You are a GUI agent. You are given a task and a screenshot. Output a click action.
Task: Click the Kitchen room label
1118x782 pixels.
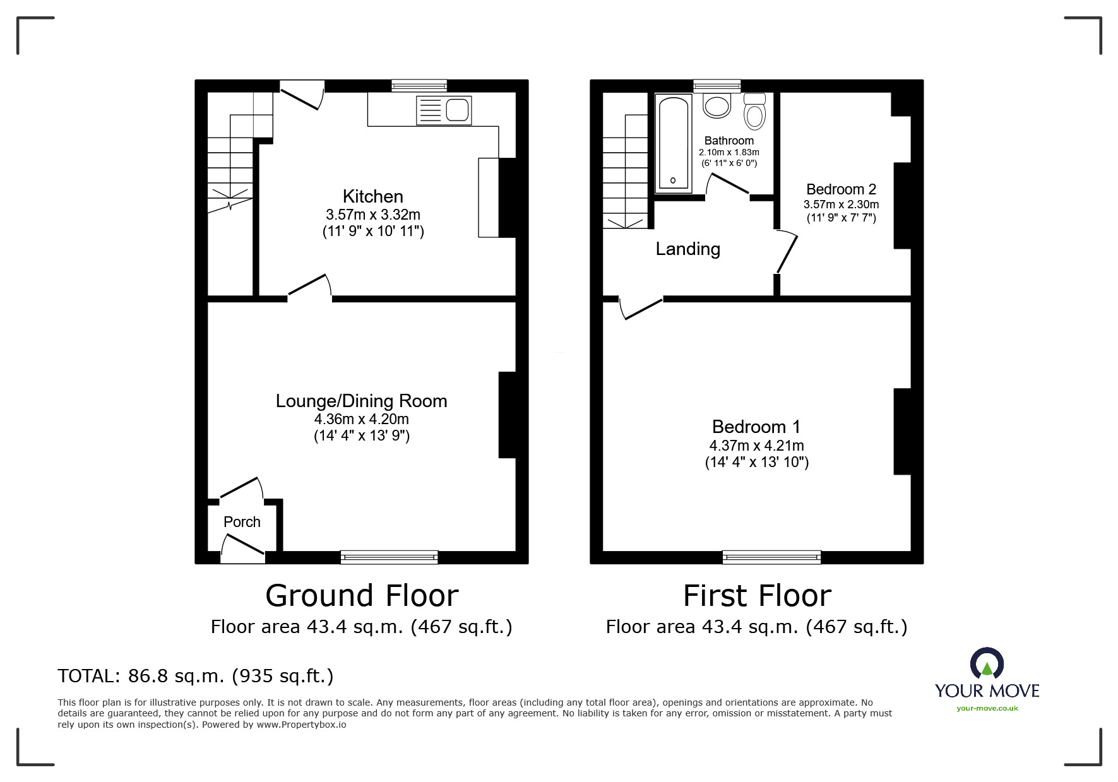pyautogui.click(x=372, y=196)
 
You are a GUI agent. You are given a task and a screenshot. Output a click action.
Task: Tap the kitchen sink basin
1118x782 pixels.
pyautogui.click(x=458, y=110)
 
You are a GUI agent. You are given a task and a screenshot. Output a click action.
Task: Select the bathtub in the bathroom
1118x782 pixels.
pyautogui.click(x=674, y=143)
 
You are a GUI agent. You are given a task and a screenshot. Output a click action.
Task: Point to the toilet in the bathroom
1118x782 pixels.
pyautogui.click(x=754, y=111)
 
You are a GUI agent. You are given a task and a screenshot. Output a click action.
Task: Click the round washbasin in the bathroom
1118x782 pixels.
pyautogui.click(x=717, y=105)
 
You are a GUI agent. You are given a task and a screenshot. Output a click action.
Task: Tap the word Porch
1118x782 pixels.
pyautogui.click(x=242, y=522)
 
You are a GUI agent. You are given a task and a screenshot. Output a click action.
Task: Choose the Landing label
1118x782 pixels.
pyautogui.click(x=687, y=249)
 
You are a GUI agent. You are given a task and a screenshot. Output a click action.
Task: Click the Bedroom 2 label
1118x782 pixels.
pyautogui.click(x=841, y=189)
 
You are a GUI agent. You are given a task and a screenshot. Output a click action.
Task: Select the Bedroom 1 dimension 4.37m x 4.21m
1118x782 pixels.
pyautogui.click(x=756, y=446)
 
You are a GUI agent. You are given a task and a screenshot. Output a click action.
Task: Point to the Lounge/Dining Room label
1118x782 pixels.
pyautogui.click(x=361, y=401)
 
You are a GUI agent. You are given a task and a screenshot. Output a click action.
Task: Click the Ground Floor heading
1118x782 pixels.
pyautogui.click(x=362, y=596)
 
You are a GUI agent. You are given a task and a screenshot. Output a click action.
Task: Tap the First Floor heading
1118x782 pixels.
pyautogui.click(x=757, y=596)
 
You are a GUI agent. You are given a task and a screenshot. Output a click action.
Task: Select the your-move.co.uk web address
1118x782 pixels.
pyautogui.click(x=987, y=708)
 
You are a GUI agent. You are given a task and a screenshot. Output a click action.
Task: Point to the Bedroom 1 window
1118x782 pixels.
pyautogui.click(x=771, y=557)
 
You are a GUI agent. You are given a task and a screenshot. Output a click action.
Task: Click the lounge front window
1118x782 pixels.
pyautogui.click(x=389, y=557)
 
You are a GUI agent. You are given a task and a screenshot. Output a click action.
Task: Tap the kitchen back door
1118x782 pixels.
pyautogui.click(x=302, y=95)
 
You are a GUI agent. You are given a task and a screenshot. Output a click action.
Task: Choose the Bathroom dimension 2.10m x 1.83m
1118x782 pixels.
pyautogui.click(x=728, y=152)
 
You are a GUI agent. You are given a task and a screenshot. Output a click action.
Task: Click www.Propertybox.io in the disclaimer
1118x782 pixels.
pyautogui.click(x=301, y=725)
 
